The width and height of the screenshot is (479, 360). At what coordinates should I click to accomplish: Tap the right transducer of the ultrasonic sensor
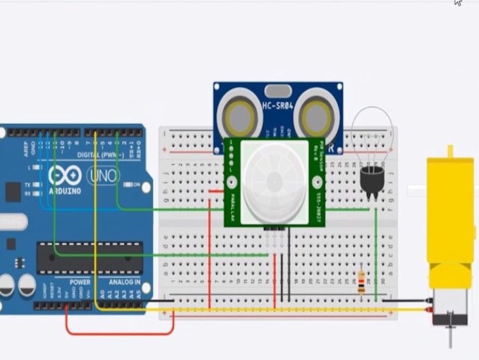[x=316, y=114]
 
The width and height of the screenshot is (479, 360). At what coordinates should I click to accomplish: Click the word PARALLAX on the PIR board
[x=232, y=203]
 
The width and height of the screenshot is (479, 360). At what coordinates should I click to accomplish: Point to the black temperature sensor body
[x=371, y=179]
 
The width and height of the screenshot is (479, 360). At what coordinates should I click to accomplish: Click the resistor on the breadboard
[x=361, y=282]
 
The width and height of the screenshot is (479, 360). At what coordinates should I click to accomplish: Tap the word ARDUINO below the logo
[x=64, y=190]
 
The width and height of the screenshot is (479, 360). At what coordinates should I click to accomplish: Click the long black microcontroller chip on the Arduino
[x=89, y=258]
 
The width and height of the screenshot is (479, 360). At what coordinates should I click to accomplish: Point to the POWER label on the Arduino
[x=80, y=282]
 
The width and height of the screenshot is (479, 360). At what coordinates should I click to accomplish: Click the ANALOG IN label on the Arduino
[x=125, y=282]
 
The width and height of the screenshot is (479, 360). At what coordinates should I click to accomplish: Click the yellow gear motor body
[x=451, y=213]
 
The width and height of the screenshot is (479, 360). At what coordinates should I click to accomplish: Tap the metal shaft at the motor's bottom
[x=451, y=335]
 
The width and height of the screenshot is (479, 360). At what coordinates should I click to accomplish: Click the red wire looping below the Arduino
[x=120, y=333]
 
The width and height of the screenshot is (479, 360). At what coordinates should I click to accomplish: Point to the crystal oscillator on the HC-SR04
[x=278, y=91]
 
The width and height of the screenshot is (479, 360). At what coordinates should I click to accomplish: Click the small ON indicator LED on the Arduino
[x=128, y=185]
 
